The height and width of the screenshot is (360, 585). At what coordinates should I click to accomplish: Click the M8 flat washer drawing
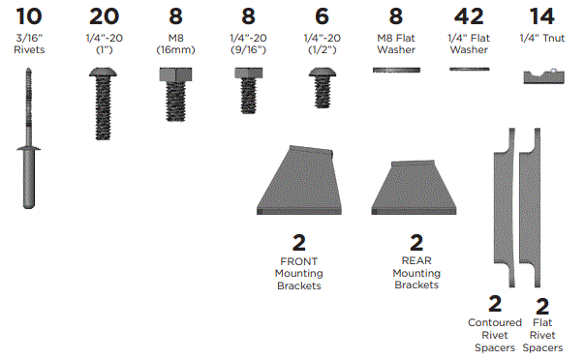pyautogui.click(x=396, y=70)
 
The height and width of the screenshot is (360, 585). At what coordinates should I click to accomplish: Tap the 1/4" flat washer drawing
pyautogui.click(x=469, y=70)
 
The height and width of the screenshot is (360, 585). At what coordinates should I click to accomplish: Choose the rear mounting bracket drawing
pyautogui.click(x=416, y=188)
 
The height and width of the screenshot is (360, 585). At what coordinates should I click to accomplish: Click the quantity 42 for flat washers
pyautogui.click(x=469, y=15)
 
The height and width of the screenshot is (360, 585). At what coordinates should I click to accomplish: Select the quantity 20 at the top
pyautogui.click(x=105, y=15)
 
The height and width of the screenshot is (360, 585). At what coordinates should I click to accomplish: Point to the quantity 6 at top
pyautogui.click(x=322, y=15)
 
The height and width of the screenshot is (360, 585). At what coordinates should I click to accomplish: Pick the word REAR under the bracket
pyautogui.click(x=416, y=260)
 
